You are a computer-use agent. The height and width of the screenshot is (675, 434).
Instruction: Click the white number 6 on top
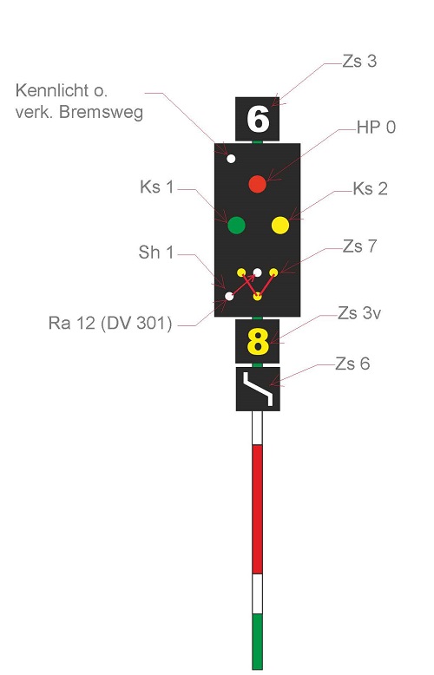coord(258,119)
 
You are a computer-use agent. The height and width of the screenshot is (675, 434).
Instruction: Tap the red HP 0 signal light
coord(258,184)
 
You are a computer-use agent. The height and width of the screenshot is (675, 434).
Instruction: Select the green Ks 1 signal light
coord(236,225)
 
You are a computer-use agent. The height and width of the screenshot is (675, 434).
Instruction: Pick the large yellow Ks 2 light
coord(280,225)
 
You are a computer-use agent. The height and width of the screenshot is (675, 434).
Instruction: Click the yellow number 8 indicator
coord(258,342)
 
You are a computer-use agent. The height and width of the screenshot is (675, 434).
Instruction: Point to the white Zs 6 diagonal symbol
coord(258,389)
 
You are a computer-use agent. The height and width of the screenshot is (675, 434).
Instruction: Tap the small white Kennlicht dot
coord(231,159)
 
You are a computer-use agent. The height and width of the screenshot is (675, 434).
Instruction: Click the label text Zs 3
coord(359,62)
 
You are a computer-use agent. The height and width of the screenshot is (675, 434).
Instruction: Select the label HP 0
coord(376,128)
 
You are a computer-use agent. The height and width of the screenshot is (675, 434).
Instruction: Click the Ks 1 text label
coord(157,187)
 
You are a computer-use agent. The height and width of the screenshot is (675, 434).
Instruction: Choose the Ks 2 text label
coord(370,189)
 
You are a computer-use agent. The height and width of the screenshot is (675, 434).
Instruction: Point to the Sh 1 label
coord(156,252)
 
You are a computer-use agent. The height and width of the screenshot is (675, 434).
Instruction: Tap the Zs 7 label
coord(359,246)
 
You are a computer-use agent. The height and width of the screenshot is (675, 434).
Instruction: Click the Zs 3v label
coord(359,313)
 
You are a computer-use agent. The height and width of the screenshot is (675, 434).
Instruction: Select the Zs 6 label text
coord(352,364)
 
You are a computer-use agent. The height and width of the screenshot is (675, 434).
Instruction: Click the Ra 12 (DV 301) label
coord(110,323)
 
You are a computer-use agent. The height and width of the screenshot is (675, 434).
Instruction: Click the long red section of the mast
coord(258,509)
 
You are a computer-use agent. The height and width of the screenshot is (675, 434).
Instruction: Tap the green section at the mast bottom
coord(258,641)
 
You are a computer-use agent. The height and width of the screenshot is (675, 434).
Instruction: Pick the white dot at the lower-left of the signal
coord(229,296)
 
